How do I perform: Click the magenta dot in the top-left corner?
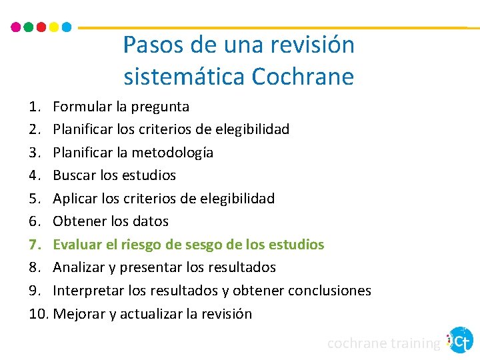pos(16,27)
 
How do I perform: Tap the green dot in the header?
pos(28,27)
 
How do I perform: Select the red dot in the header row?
pos(41,27)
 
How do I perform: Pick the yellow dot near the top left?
pos(53,27)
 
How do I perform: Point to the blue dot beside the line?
pos(66,27)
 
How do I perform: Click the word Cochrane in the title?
pos(303,77)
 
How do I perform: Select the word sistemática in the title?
pos(184,77)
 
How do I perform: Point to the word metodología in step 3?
pos(172,153)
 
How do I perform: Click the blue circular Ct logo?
pos(460,340)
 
